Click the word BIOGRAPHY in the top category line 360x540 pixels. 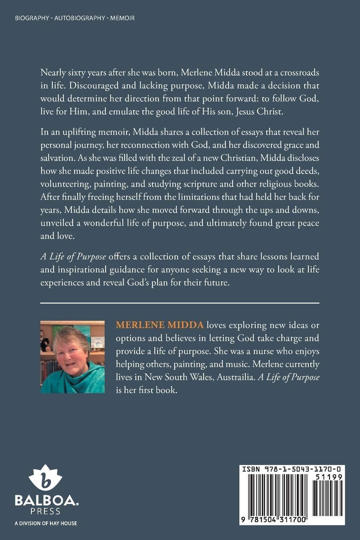[x=32, y=18]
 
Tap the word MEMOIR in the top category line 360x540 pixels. [x=122, y=18]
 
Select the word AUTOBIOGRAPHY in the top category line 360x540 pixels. [x=80, y=18]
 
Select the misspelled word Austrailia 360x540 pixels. [x=235, y=377]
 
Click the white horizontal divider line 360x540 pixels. [x=180, y=303]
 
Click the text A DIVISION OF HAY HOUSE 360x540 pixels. [x=46, y=523]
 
